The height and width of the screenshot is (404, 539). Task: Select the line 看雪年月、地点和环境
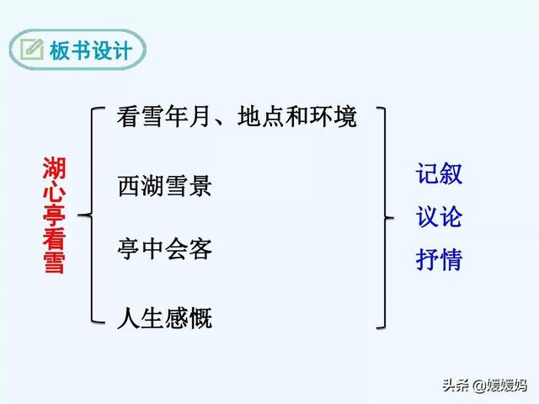pos(237,116)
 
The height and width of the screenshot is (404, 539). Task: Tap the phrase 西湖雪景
pos(165,185)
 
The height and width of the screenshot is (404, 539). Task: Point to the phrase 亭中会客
pos(165,249)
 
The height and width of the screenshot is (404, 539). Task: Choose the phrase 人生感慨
pos(165,318)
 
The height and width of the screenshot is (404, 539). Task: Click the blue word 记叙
pos(439,174)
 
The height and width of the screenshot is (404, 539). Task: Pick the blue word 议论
pos(439,217)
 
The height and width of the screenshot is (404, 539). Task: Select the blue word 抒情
pos(439,260)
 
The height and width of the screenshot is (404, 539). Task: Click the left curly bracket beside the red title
pos(94,215)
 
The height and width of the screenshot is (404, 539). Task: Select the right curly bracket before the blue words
pos(383,217)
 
